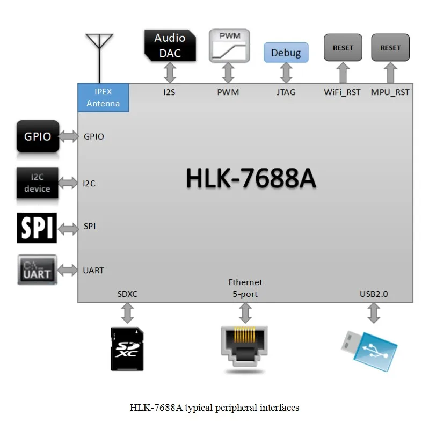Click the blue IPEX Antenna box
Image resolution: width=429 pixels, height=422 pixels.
point(103,97)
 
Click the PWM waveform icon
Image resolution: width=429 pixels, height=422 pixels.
point(229,45)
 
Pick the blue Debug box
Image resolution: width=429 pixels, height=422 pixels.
point(286,53)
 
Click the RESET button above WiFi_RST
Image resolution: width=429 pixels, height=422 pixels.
point(343,47)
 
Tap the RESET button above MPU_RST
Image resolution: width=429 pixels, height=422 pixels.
point(390,47)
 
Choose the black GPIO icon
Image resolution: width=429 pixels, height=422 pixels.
point(38,136)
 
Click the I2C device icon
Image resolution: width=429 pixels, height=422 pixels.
point(37,183)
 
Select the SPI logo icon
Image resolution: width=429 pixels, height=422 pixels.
point(37,228)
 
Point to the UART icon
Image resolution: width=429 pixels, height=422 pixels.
point(37,270)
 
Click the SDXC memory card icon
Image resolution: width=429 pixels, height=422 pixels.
point(127,349)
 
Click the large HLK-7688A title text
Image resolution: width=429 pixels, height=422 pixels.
point(251,179)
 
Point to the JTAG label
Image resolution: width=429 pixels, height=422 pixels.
point(286,92)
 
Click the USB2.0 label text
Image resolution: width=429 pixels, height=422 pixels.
point(374,294)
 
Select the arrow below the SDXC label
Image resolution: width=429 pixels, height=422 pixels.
point(128,312)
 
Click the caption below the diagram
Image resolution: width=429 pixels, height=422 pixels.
point(214,408)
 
